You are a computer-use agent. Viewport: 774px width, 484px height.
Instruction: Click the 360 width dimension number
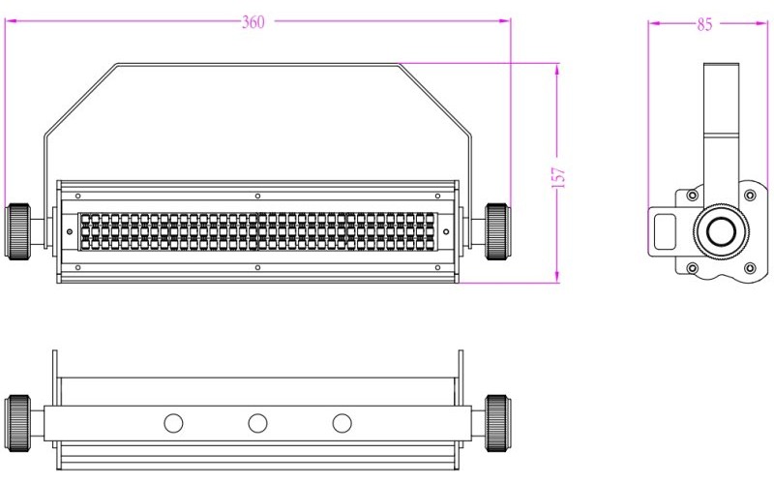[254, 23]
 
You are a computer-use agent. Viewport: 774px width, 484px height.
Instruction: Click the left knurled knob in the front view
[19, 231]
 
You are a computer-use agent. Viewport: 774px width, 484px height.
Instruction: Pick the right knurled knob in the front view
[496, 230]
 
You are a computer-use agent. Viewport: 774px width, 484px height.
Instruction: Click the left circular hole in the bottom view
[173, 423]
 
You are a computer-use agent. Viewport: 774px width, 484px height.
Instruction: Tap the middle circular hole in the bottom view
[257, 423]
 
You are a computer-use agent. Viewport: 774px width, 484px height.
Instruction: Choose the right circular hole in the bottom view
[342, 423]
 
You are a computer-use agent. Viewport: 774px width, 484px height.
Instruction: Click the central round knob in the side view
[720, 232]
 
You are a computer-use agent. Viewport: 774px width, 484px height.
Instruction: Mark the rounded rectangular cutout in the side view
[667, 231]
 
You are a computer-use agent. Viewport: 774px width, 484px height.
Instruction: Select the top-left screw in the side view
[692, 197]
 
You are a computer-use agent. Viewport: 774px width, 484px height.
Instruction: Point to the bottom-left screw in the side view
[692, 267]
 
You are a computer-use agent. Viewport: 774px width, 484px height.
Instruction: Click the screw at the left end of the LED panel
[69, 231]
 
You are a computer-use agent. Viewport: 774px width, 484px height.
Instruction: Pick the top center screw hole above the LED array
[257, 197]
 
